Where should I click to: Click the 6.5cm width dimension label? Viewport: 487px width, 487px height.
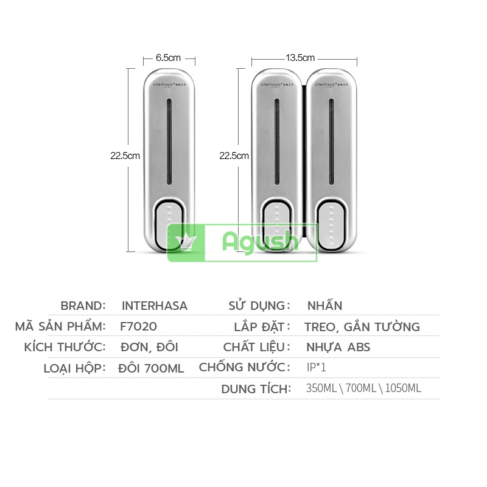(168, 58)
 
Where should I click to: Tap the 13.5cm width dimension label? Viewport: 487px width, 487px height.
(300, 58)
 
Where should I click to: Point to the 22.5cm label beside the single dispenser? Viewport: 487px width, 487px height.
(125, 156)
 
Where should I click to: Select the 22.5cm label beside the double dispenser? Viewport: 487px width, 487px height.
(234, 156)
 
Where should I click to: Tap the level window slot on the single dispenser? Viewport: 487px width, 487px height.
(169, 142)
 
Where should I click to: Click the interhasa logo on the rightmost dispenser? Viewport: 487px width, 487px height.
(331, 85)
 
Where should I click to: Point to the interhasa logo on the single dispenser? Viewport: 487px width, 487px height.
(169, 85)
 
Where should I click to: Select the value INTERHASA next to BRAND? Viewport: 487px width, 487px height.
(155, 306)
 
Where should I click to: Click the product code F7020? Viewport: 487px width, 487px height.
(139, 326)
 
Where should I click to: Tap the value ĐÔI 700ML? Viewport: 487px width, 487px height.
(151, 369)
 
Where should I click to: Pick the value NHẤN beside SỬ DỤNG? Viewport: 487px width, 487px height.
(325, 306)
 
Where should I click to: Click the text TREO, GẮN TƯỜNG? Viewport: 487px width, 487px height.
(362, 327)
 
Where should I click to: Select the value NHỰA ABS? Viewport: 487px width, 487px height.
(338, 347)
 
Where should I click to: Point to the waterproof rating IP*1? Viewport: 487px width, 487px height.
(316, 368)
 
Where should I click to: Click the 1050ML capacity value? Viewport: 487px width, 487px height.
(403, 388)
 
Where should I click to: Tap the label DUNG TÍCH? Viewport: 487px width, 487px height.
(256, 389)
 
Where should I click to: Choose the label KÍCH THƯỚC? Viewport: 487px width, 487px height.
(65, 347)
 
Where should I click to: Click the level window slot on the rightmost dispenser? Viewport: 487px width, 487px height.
(331, 142)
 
